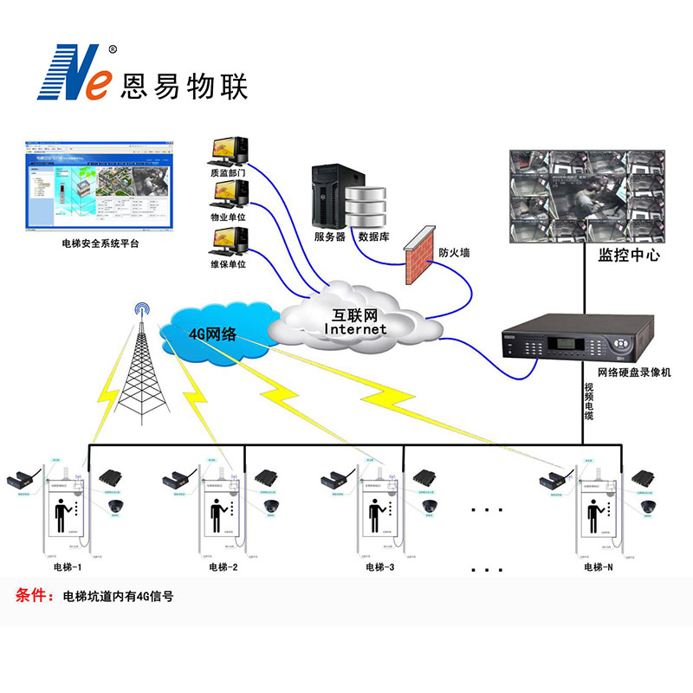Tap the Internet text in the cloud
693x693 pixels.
355,329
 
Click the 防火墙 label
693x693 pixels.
455,253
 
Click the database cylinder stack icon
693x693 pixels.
365,206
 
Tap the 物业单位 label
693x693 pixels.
228,217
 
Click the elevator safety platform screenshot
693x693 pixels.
94,183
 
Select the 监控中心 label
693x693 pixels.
629,256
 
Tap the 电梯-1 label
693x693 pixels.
67,567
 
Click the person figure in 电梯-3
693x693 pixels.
376,516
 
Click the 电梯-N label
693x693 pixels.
599,567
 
